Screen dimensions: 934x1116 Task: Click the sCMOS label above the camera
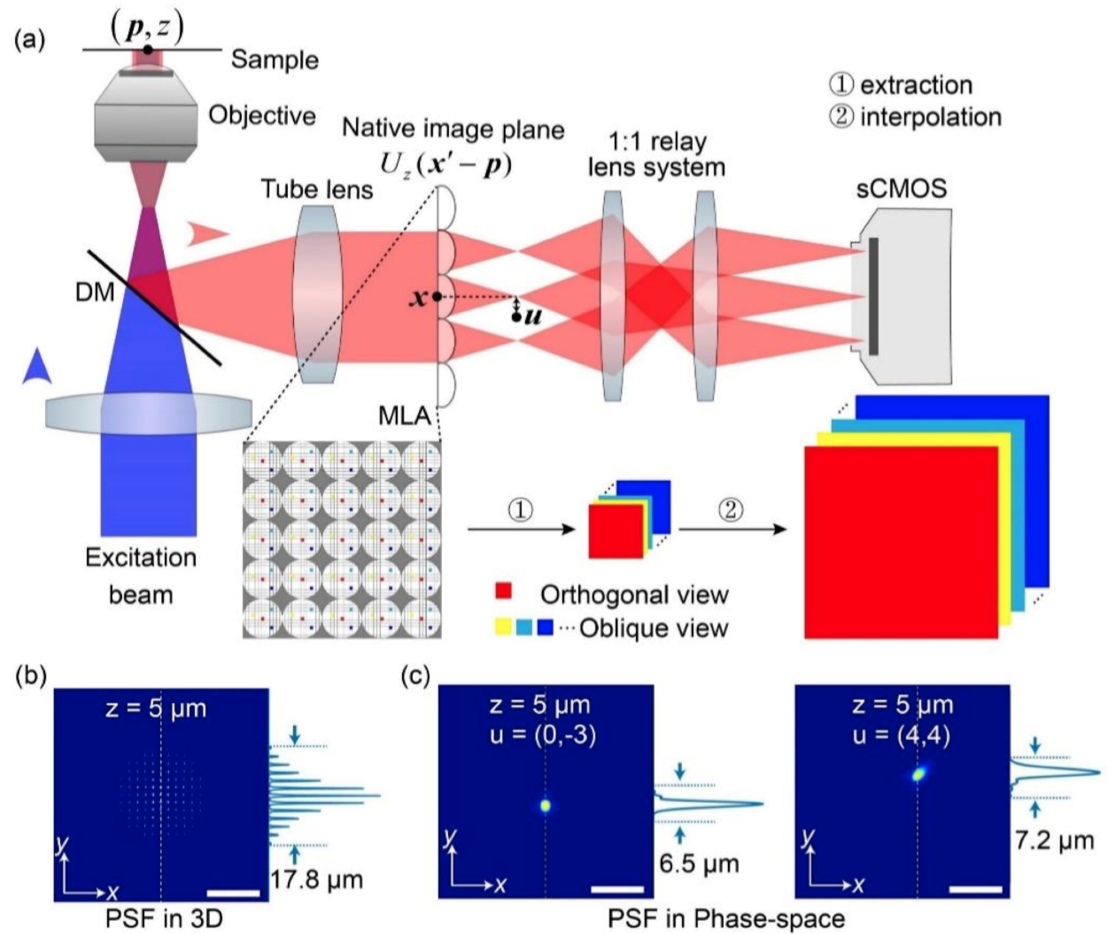tap(903, 188)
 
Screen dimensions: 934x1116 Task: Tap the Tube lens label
tap(316, 189)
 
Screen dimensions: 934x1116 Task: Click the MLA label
tap(403, 416)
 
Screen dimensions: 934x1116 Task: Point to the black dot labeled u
tap(516, 316)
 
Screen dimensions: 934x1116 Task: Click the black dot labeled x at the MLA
tap(437, 297)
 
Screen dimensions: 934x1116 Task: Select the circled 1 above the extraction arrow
tap(521, 510)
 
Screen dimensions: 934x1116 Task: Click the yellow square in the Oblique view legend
tap(503, 627)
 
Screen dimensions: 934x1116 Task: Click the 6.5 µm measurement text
tap(699, 862)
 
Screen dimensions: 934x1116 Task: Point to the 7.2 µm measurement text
tap(1053, 839)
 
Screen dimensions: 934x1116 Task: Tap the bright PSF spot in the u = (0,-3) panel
tap(546, 806)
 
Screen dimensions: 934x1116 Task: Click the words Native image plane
tap(453, 129)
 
